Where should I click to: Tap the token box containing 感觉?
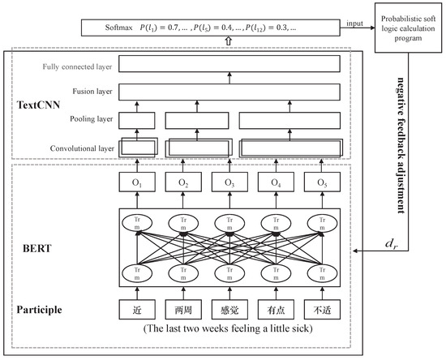click(229, 309)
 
